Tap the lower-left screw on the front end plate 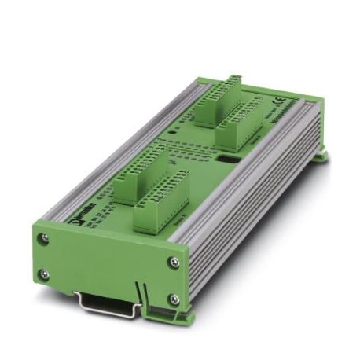tap(45, 274)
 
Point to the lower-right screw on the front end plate tap(174, 299)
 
